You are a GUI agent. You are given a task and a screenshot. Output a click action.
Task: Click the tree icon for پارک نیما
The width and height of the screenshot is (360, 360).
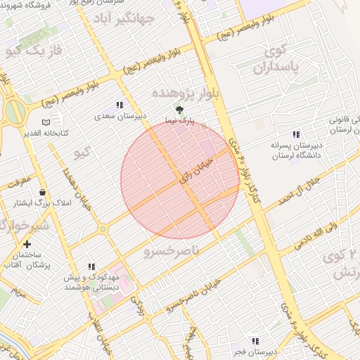click(179, 110)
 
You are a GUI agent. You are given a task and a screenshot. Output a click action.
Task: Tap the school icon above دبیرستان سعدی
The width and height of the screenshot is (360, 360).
click(120, 104)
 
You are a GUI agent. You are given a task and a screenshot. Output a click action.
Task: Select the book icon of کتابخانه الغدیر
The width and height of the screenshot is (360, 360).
click(46, 122)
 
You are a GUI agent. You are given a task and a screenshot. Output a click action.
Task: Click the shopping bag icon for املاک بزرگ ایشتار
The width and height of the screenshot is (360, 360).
click(43, 192)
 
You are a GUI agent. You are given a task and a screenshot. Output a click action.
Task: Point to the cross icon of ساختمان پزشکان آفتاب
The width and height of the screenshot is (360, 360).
click(27, 245)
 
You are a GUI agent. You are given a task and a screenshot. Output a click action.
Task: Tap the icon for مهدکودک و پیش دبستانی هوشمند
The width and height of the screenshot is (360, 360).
click(91, 267)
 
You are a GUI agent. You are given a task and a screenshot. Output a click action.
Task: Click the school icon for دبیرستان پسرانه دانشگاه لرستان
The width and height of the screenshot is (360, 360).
click(296, 134)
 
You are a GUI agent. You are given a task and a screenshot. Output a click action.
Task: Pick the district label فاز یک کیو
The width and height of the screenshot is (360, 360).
click(33, 51)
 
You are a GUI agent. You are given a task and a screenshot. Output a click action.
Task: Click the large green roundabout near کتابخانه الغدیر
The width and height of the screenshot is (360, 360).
click(15, 112)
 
